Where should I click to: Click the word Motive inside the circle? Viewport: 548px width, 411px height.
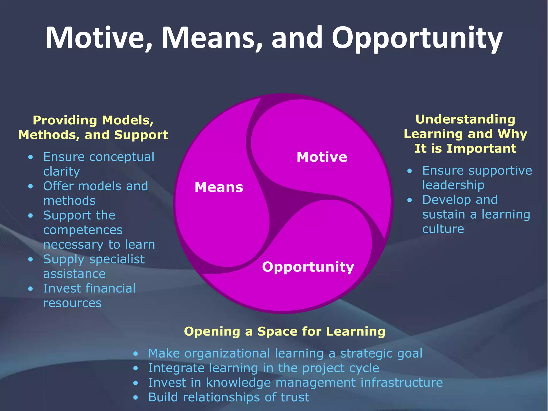point(322,157)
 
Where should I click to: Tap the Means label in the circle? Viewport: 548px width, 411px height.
point(219,187)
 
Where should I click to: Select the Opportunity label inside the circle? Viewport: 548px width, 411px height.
point(308,267)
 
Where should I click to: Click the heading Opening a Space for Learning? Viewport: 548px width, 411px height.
point(285,331)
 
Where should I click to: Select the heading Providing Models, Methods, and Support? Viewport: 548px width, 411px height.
point(93,127)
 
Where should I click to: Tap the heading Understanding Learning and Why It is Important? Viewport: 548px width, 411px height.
point(465,134)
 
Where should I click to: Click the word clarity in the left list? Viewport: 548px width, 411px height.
point(62,171)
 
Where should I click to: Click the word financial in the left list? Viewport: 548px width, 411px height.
point(111,288)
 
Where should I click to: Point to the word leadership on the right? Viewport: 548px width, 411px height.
point(453,185)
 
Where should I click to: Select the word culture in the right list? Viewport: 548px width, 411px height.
point(443,229)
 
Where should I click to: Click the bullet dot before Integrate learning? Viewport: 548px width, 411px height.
point(136,368)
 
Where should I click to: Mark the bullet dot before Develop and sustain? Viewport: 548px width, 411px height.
point(410,200)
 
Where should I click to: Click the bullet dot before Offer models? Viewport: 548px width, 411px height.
point(31,186)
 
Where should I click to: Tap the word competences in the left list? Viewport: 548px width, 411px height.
point(83,230)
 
